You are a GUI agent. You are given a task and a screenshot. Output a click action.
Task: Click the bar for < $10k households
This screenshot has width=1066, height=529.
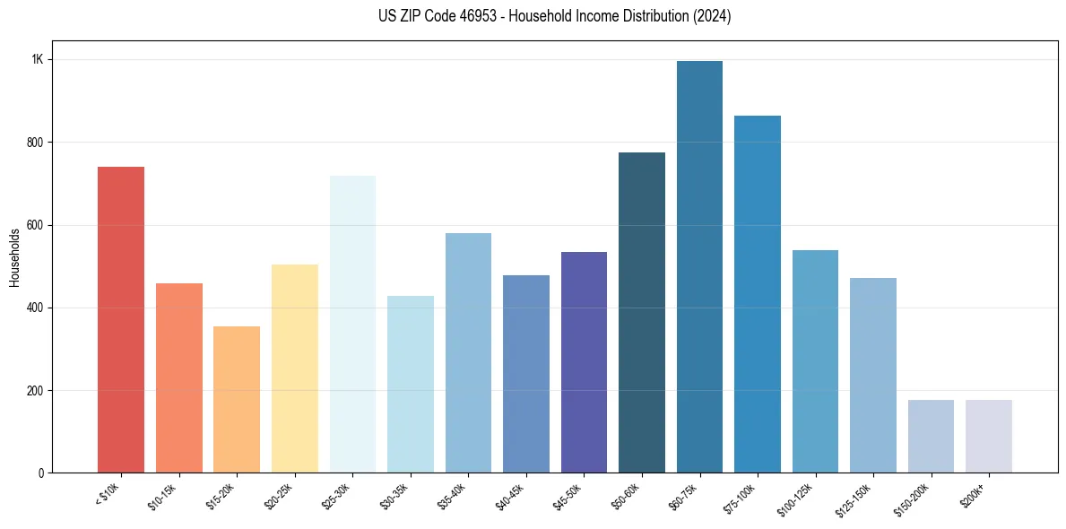(121, 320)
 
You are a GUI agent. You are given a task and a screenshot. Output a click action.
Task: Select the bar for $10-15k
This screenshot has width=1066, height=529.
(179, 378)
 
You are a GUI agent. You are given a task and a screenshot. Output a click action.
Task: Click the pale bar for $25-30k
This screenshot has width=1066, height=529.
(352, 325)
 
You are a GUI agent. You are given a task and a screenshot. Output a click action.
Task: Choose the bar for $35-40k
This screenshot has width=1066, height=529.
(468, 353)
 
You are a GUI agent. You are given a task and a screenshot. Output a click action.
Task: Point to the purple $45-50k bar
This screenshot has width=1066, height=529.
(584, 362)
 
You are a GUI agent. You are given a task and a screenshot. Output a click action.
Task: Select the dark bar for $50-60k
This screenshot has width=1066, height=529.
(642, 313)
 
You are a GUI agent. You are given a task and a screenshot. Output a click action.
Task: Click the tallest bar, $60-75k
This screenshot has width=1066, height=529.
(699, 267)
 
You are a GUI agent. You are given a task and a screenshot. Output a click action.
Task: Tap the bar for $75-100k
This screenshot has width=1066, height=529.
(758, 294)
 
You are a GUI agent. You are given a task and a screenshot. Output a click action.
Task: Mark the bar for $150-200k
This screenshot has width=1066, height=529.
(931, 437)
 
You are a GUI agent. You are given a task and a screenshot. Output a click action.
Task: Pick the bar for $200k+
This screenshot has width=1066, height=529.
(989, 437)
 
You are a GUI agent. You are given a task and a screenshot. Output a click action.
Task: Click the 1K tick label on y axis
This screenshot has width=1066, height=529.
(38, 60)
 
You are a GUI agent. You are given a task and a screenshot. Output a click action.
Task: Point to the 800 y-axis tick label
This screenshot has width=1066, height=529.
(36, 143)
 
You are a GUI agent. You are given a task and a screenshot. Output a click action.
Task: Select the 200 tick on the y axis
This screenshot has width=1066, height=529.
(36, 391)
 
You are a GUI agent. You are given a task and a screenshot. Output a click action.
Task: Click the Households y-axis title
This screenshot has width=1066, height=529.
(14, 257)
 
